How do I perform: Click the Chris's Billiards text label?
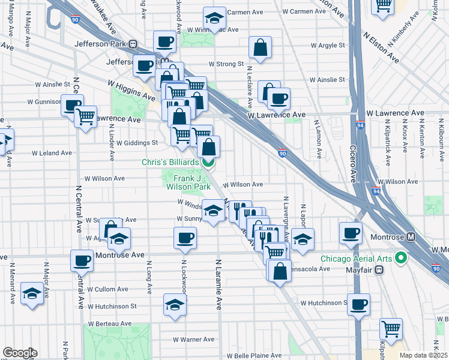coord(170,163)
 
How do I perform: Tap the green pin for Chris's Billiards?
coord(208,162)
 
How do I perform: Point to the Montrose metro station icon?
coord(411,237)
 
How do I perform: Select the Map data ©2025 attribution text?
coord(423,355)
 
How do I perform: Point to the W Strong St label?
coord(226,64)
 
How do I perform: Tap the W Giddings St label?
coord(137,143)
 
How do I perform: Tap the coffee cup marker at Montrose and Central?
coord(82,261)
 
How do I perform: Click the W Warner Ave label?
coord(193,340)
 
